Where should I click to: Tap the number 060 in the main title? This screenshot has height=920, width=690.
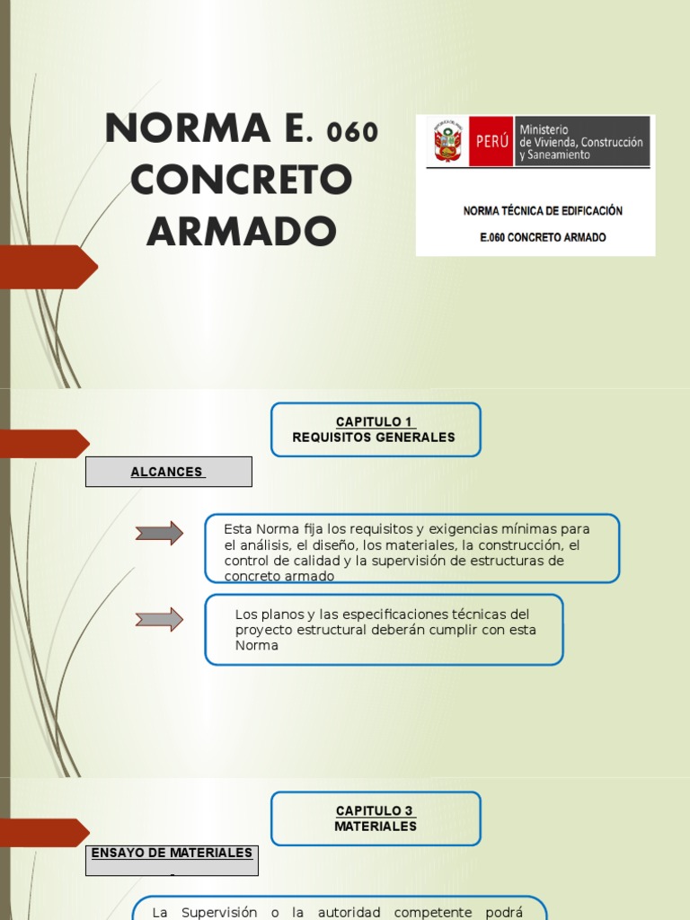click(x=353, y=133)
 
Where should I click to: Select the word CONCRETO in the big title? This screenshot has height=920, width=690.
click(x=241, y=180)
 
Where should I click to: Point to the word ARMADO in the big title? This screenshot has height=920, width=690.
click(x=241, y=231)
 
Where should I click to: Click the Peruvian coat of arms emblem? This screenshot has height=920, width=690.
click(x=448, y=141)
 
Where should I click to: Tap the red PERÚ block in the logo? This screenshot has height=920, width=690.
click(x=491, y=141)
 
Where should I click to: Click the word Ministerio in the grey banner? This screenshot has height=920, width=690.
click(x=544, y=130)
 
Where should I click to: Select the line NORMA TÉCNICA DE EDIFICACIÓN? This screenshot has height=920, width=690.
click(x=543, y=211)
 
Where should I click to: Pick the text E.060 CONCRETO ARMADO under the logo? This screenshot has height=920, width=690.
click(x=543, y=238)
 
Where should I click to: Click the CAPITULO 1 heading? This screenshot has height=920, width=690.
click(x=376, y=422)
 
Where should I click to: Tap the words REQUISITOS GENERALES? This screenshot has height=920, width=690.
click(x=374, y=438)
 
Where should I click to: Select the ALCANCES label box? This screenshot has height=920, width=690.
click(x=168, y=472)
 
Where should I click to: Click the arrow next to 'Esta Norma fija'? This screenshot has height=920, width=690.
click(x=159, y=533)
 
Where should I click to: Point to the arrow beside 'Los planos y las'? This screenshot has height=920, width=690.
click(x=159, y=619)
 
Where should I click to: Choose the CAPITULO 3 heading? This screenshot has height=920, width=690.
click(x=376, y=811)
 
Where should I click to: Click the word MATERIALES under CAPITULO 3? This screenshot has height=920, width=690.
click(x=376, y=827)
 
